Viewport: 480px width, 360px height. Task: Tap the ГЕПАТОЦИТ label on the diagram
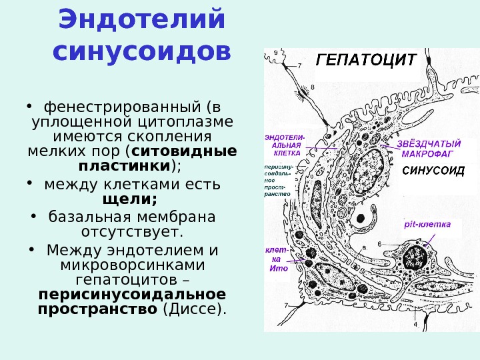coord(365,59)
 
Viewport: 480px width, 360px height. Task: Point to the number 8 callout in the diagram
coord(313,86)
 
